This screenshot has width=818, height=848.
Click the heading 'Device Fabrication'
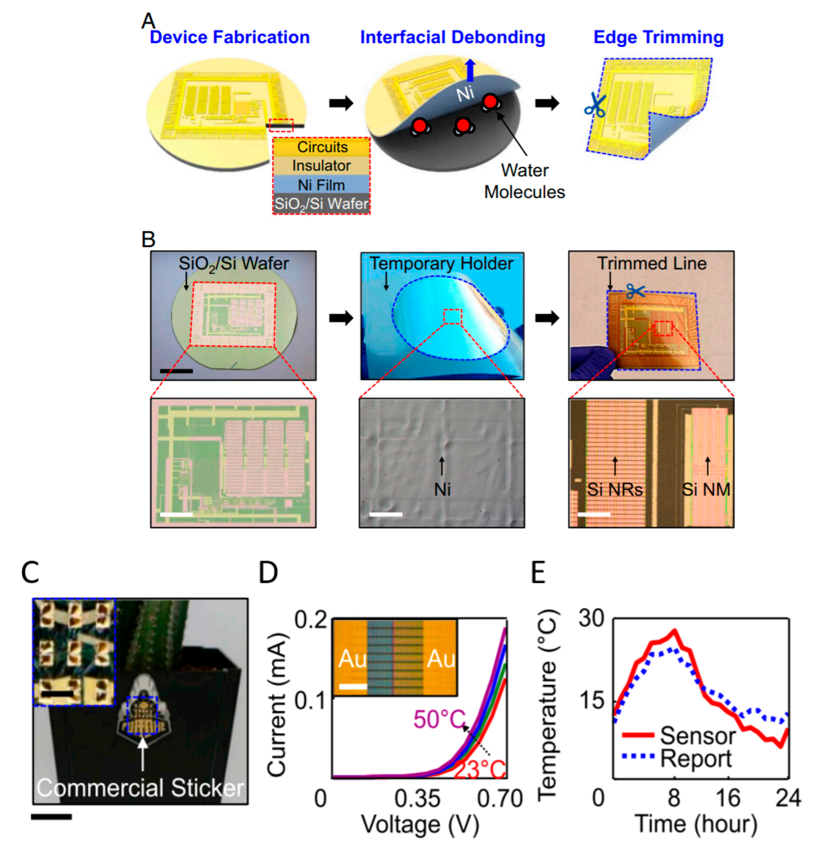pyautogui.click(x=229, y=38)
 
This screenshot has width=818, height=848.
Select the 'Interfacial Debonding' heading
pyautogui.click(x=452, y=38)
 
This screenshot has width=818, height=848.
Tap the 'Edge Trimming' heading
pyautogui.click(x=658, y=38)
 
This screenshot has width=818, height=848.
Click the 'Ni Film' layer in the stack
pyautogui.click(x=321, y=185)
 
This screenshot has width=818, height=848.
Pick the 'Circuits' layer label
pyautogui.click(x=322, y=147)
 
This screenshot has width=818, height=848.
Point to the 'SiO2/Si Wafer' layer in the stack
pyautogui.click(x=321, y=203)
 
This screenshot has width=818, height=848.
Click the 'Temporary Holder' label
pyautogui.click(x=441, y=264)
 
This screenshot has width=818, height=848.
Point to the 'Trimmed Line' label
pyautogui.click(x=652, y=264)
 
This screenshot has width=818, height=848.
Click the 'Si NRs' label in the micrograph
pyautogui.click(x=615, y=490)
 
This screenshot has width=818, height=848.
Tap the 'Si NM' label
pyautogui.click(x=706, y=490)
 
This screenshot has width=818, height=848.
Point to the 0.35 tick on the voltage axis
pyautogui.click(x=417, y=799)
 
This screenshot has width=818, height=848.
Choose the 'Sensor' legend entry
pyautogui.click(x=697, y=736)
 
